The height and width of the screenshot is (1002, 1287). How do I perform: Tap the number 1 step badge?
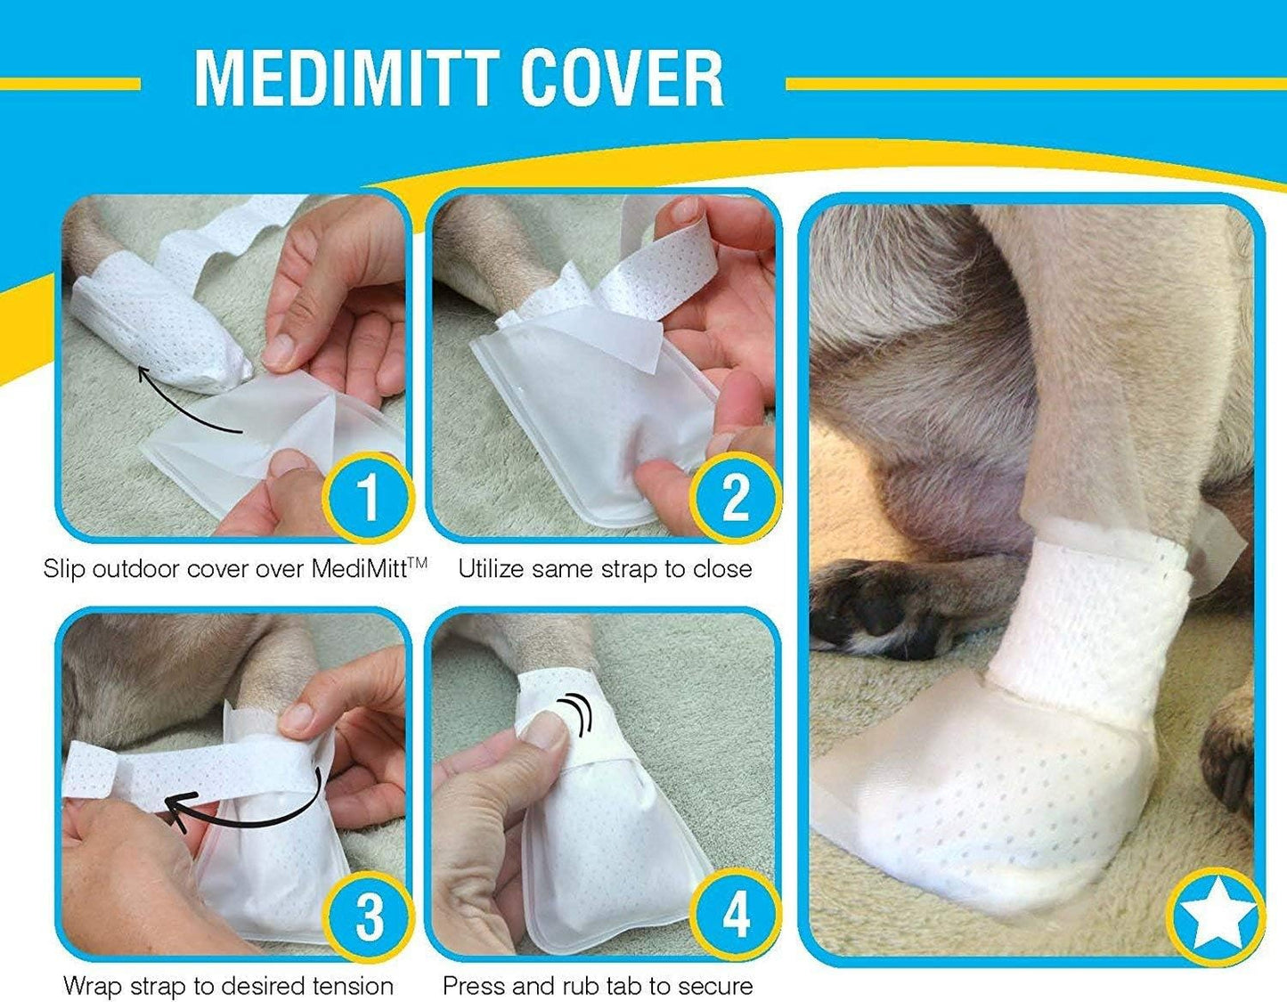pyautogui.click(x=367, y=496)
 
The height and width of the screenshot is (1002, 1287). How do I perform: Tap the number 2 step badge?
pyautogui.click(x=735, y=496)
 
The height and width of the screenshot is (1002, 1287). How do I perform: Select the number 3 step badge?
pyautogui.click(x=369, y=915)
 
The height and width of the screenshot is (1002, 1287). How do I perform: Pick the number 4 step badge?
pyautogui.click(x=735, y=915)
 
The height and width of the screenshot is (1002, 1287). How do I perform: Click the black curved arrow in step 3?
pyautogui.click(x=240, y=806)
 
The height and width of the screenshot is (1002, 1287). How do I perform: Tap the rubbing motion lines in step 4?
pyautogui.click(x=577, y=713)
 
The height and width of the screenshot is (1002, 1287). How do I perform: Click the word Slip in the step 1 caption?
pyautogui.click(x=63, y=569)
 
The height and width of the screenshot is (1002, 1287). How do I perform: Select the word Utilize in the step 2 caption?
pyautogui.click(x=492, y=569)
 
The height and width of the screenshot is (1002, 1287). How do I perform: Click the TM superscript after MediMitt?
pyautogui.click(x=418, y=562)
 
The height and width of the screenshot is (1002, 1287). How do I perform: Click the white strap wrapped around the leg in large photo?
pyautogui.click(x=1087, y=623)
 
